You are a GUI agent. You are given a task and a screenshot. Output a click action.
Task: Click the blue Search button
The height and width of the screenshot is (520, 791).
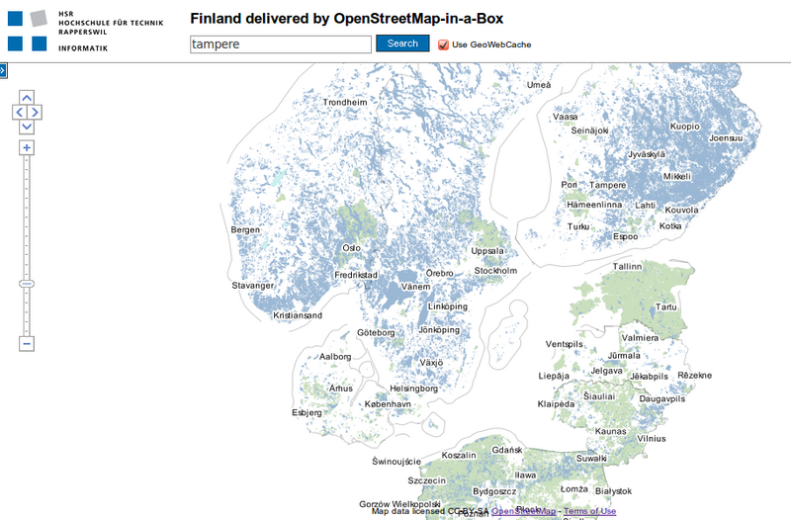(402, 43)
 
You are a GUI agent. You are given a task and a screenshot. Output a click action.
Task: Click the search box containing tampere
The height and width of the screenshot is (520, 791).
(281, 44)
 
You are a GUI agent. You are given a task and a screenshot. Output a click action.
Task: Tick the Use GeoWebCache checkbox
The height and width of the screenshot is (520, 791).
(443, 44)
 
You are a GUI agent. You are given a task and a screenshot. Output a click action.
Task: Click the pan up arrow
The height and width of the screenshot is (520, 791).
(27, 98)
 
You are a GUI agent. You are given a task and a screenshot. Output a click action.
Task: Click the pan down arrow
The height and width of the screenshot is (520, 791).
(27, 127)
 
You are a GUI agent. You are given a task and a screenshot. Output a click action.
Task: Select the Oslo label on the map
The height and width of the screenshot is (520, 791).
(351, 248)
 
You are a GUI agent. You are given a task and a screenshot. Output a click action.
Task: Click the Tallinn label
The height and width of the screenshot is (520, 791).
(627, 267)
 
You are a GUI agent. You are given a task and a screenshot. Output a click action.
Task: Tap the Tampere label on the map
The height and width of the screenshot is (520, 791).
(607, 186)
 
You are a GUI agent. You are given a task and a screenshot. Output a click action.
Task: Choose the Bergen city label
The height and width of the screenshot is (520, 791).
(245, 230)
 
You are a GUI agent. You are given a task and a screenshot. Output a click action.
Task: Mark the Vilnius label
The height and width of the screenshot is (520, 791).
(652, 438)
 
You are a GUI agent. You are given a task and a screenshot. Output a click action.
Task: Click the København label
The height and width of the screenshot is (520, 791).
(388, 405)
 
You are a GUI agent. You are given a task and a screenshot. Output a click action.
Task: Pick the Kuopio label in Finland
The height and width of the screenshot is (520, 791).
(684, 127)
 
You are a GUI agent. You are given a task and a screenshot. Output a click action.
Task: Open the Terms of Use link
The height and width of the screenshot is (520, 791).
(590, 511)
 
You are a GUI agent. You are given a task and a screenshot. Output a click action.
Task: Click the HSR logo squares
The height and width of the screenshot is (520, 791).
(28, 29)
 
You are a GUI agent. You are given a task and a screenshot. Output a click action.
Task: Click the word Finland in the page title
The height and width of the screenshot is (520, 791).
(218, 19)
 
